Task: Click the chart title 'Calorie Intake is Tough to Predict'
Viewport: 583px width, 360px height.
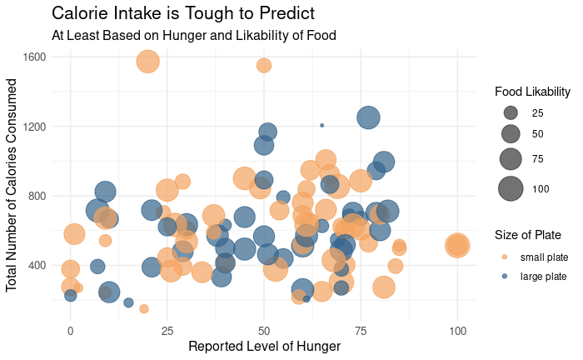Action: [183, 13]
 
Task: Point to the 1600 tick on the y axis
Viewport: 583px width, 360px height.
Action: [34, 57]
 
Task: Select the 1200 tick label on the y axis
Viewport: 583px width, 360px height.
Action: [34, 127]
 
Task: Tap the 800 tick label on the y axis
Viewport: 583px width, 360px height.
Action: [37, 196]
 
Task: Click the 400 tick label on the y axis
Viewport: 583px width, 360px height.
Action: [37, 266]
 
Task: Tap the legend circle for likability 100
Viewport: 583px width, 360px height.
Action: [511, 188]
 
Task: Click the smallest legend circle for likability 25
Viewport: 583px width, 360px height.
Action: [511, 112]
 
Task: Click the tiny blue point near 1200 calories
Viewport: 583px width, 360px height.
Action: [321, 125]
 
